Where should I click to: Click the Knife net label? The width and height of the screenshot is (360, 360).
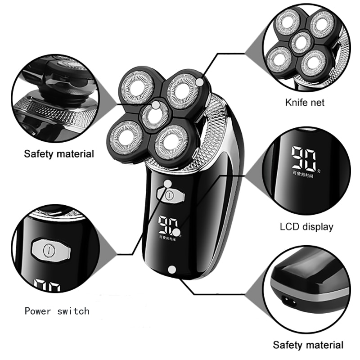305,103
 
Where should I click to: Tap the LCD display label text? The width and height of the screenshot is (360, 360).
306,226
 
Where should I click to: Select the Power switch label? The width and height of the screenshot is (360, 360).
57,310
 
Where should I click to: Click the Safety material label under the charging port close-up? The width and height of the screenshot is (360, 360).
308,345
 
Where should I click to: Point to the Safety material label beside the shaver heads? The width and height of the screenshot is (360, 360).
59,154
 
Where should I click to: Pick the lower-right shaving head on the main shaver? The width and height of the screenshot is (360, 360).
172,144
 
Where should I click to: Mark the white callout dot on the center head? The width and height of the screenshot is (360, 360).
156,105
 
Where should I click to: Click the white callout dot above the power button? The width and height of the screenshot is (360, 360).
168,184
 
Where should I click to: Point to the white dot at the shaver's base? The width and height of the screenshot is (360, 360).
171,269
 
